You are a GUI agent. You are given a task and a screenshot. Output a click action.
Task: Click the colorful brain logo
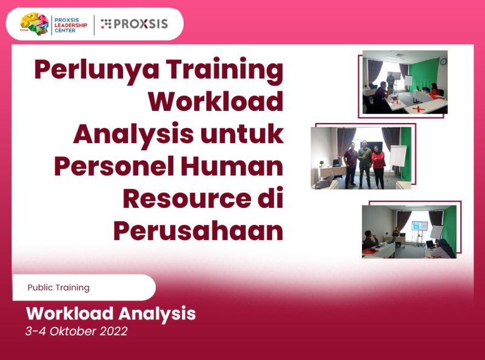pos(34,24)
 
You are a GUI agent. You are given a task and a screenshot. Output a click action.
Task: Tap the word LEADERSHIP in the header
pos(71,24)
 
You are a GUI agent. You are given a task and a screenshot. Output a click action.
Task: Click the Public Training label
pos(58,287)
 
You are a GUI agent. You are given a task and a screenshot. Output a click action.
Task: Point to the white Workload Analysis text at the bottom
pos(110,314)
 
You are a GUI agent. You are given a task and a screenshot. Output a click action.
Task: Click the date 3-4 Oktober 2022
pos(76,332)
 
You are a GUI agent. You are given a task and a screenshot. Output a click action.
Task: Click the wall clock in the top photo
pos(443,61)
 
